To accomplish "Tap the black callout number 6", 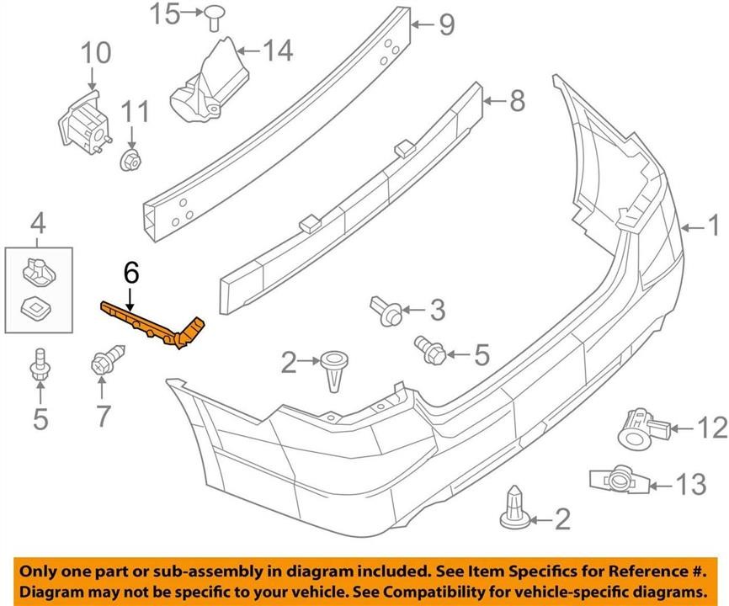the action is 131,273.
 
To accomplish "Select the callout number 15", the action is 165,13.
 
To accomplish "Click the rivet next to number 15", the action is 214,17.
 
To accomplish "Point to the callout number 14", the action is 278,50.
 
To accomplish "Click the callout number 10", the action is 97,52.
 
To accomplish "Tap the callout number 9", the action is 447,24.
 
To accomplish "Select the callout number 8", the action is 518,100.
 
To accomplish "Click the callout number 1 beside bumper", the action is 713,227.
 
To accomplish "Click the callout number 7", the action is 103,416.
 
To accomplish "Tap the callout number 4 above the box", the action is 38,224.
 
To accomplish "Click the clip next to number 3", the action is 386,311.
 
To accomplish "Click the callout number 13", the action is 691,484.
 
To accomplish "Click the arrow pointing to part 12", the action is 683,428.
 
